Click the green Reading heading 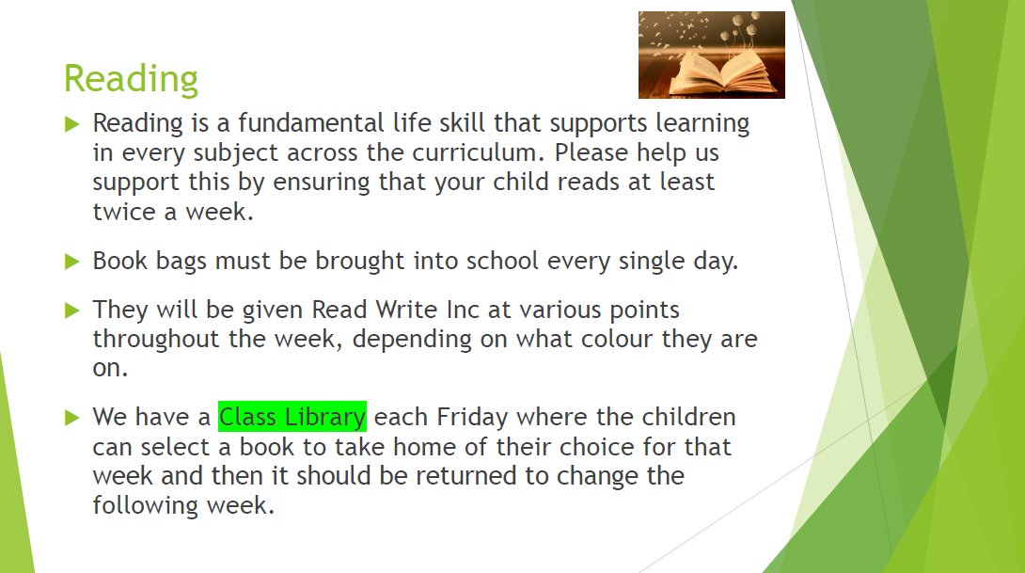(131, 80)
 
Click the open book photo (711, 55)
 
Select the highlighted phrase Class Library (292, 417)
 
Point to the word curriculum (477, 152)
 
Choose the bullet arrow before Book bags (71, 262)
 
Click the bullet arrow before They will (71, 310)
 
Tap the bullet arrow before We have (71, 418)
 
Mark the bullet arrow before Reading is (71, 123)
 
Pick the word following (146, 505)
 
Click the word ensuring (321, 183)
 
